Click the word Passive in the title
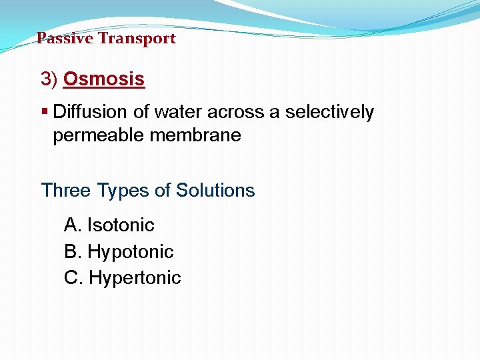point(65,39)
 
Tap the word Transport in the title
point(137,39)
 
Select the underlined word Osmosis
point(103,79)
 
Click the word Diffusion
point(91,112)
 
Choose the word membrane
point(195,136)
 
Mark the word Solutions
point(215,191)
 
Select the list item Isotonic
point(121,225)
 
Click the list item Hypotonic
point(131,252)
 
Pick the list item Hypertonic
point(135,278)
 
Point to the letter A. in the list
point(73,225)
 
